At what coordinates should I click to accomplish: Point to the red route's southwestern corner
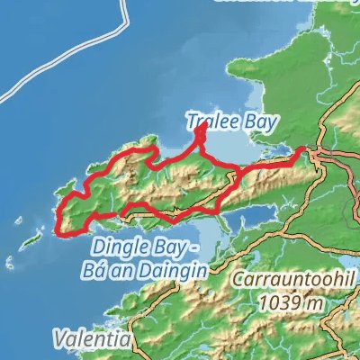(61, 231)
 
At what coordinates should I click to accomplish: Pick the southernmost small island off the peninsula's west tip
(11, 263)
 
